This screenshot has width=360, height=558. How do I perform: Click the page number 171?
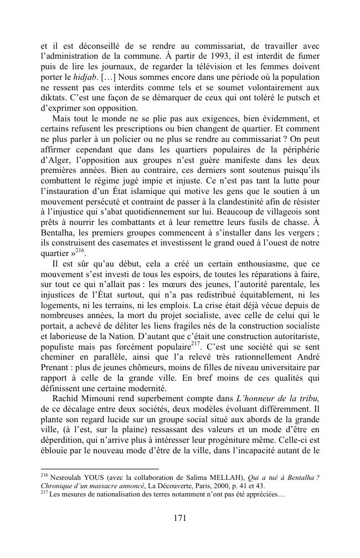click(179, 518)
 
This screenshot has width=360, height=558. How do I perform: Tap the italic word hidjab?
click(83, 76)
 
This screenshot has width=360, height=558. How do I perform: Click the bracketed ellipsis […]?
click(109, 76)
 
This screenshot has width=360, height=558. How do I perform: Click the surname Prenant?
click(58, 366)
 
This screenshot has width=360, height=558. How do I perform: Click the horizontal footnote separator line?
click(100, 468)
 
